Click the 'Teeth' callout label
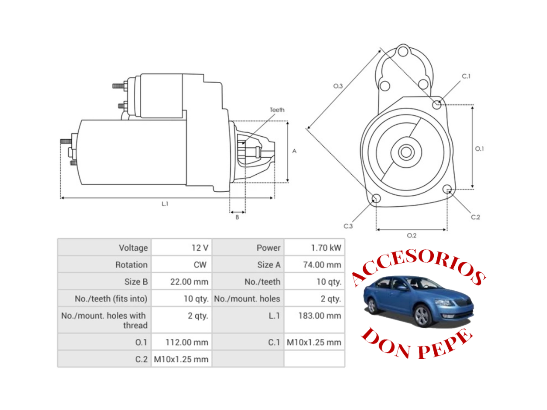tap(277, 110)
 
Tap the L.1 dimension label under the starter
tap(165, 204)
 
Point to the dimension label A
tap(294, 151)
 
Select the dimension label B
tap(238, 217)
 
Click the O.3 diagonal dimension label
tap(338, 86)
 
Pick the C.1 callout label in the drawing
tap(466, 76)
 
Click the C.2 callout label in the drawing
tap(475, 217)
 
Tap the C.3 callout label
tap(348, 226)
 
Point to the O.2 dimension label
tap(412, 235)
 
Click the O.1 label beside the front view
tap(479, 149)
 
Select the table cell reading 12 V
tap(200, 248)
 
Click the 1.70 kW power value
tap(326, 248)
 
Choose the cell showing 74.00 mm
tap(322, 265)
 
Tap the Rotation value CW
tap(200, 265)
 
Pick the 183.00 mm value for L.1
tap(319, 316)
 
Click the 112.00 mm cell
tap(187, 343)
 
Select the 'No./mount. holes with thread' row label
tap(104, 320)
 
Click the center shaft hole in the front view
tap(406, 152)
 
